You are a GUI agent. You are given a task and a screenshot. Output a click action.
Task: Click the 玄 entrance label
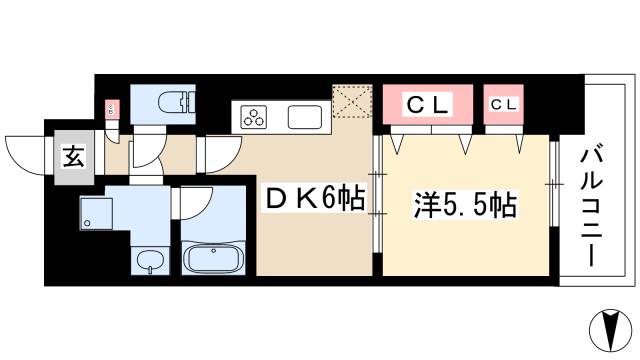[x=74, y=156]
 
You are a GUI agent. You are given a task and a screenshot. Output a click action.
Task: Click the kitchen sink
[x=304, y=117]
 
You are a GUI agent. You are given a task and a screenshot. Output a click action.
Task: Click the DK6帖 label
[x=313, y=200]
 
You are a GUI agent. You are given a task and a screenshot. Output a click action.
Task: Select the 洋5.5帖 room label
[x=465, y=207]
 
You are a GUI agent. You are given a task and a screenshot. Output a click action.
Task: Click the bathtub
[x=212, y=261]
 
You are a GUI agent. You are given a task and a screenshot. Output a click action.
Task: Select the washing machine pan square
[x=98, y=210]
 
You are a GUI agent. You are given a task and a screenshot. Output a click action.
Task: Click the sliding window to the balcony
[x=553, y=184]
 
